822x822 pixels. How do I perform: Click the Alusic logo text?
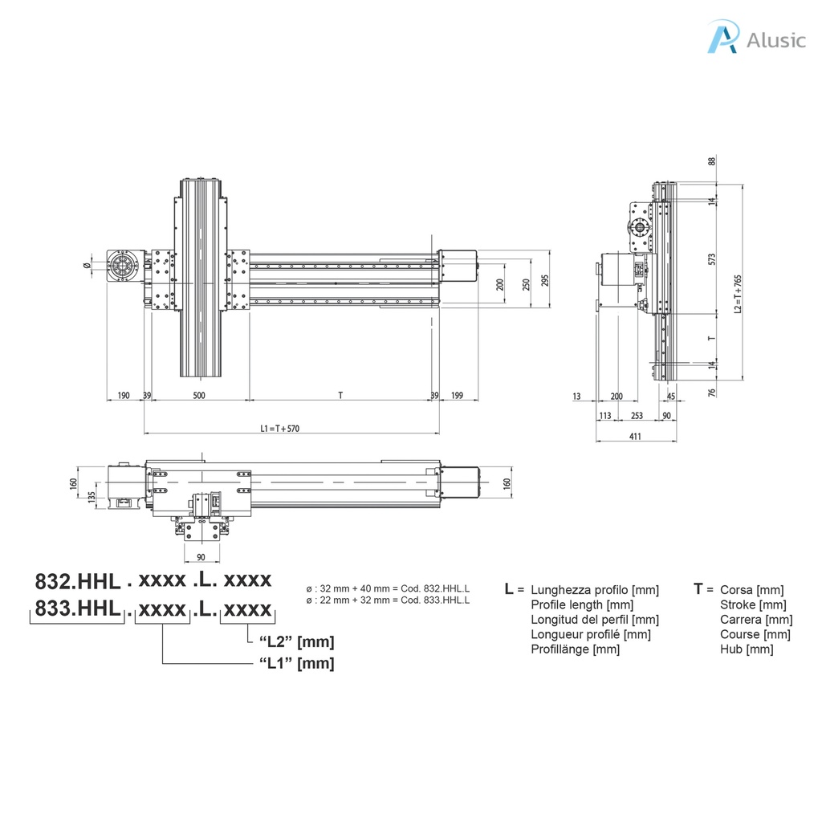click(775, 40)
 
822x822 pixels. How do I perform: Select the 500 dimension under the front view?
click(199, 395)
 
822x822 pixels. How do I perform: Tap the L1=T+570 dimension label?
click(280, 429)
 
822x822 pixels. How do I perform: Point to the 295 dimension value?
click(545, 281)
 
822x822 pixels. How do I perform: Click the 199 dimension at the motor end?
click(458, 395)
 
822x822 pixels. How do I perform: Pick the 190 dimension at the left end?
click(124, 395)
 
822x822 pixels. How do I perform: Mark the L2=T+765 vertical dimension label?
click(738, 294)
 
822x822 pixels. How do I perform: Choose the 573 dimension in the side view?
click(711, 258)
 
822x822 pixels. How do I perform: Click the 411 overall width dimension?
click(636, 436)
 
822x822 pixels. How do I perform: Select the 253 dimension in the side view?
click(637, 415)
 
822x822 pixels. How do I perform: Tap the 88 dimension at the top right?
click(711, 161)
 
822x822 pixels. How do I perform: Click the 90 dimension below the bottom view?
click(201, 557)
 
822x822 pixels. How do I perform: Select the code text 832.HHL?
click(77, 580)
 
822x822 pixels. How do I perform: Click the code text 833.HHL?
click(77, 609)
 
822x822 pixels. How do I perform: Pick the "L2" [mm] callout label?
click(296, 641)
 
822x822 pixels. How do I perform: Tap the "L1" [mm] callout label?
click(296, 663)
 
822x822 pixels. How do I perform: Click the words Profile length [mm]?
click(582, 604)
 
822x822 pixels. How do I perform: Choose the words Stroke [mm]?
click(753, 604)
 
